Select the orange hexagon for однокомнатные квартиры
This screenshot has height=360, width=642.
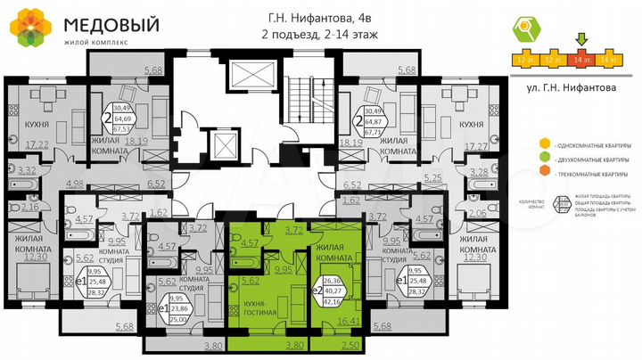coord(544,144)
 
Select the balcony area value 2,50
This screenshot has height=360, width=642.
coord(351,343)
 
